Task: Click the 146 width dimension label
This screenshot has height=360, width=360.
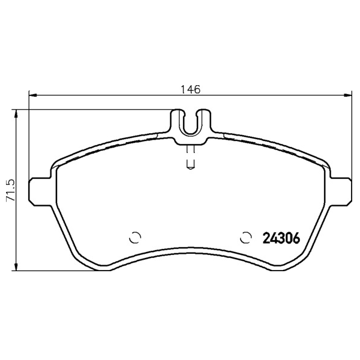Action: coord(190,89)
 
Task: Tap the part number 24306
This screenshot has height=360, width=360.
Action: coord(281,238)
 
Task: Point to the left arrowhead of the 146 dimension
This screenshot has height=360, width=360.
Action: coord(33,95)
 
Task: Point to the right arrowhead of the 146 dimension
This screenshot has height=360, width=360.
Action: coord(347,95)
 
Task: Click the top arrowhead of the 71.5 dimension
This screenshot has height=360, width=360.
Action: coord(16,114)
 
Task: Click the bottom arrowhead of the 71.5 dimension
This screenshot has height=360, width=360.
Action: coord(16,266)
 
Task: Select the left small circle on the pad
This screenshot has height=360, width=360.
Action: coord(135,238)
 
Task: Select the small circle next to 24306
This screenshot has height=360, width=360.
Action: coord(245,238)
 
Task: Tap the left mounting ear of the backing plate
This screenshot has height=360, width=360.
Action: coord(40,192)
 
